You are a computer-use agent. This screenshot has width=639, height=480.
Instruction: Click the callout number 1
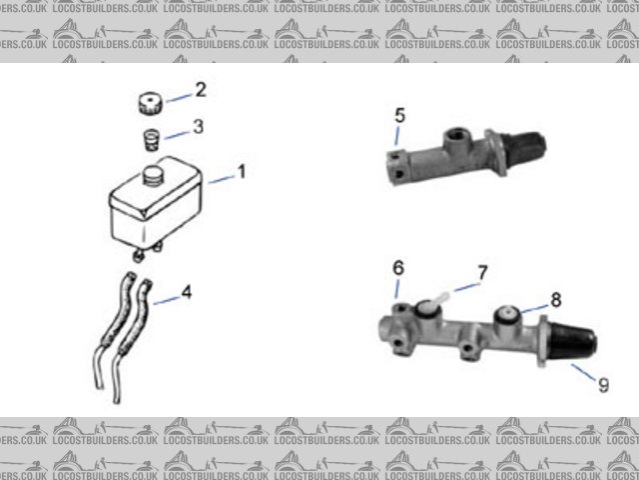[x=241, y=171]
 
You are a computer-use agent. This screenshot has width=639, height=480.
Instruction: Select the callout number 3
[x=199, y=127]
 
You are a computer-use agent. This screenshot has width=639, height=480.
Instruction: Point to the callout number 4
[x=186, y=294]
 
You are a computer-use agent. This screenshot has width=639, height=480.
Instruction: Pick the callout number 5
[x=399, y=116]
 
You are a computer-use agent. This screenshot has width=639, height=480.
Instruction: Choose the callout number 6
[x=397, y=268]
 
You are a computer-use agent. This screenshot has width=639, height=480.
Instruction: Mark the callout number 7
[x=481, y=271]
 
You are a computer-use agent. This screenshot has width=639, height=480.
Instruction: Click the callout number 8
[x=556, y=298]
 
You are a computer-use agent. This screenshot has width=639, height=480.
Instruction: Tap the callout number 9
[x=602, y=384]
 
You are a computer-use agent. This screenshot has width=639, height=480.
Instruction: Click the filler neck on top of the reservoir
[x=155, y=174]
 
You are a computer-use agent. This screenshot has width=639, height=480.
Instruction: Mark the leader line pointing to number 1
[x=222, y=177]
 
